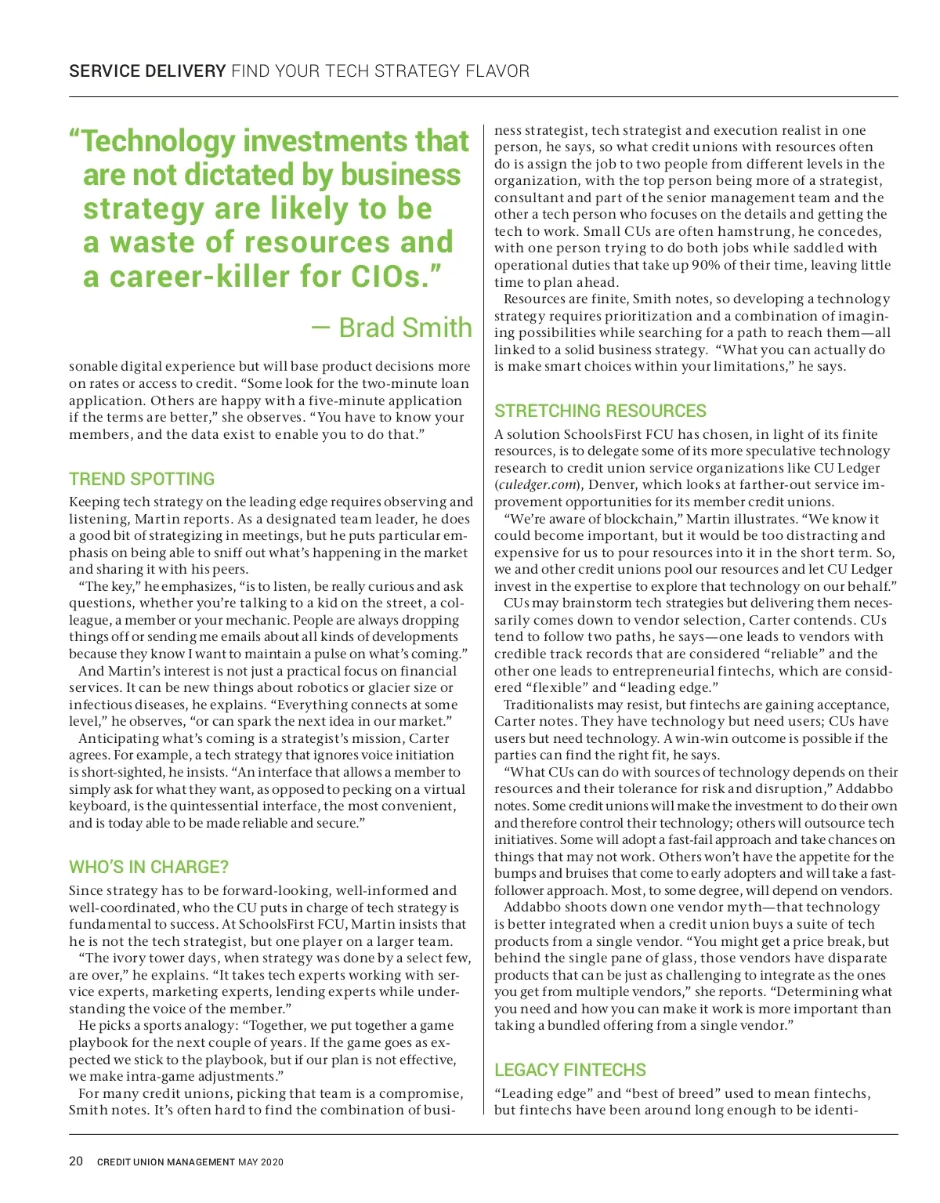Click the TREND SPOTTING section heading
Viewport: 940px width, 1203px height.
point(142,479)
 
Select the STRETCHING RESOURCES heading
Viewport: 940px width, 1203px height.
point(600,411)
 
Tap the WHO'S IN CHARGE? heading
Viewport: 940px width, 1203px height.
point(149,867)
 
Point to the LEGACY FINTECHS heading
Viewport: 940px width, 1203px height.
point(570,1070)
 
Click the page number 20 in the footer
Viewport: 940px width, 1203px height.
point(76,1161)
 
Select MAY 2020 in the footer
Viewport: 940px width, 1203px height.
point(261,1162)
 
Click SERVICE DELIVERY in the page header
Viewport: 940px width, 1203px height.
point(147,71)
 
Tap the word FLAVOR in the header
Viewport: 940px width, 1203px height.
point(497,71)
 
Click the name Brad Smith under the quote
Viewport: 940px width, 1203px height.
point(405,328)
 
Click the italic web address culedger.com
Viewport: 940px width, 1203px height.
point(537,485)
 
